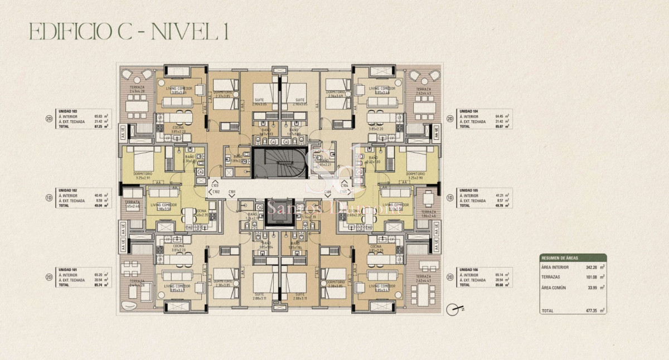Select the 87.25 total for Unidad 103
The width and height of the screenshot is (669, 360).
(x=101, y=127)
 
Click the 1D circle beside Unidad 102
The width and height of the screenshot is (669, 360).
(x=50, y=197)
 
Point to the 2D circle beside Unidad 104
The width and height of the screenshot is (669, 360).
(x=450, y=118)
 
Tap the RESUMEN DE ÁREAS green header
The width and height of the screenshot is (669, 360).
(x=573, y=258)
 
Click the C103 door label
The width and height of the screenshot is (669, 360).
(x=215, y=184)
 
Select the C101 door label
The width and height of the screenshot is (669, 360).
(x=232, y=192)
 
